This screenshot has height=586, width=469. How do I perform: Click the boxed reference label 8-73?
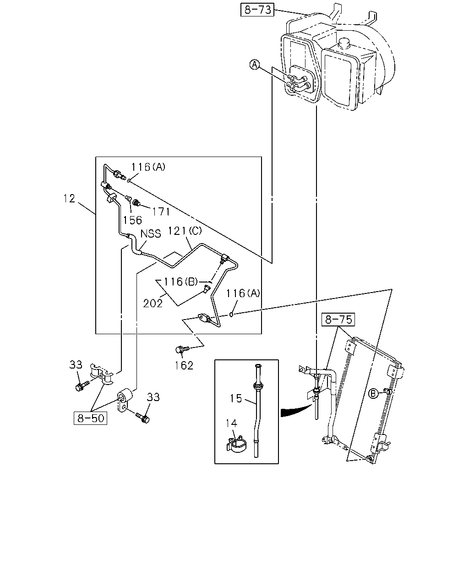pos(257,10)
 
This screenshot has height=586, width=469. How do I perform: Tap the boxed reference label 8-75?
pos(338,320)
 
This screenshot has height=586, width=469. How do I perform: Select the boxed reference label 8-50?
pos(91,418)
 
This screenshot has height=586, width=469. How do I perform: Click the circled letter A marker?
pos(255,65)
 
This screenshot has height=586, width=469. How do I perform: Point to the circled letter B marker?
pos(373,393)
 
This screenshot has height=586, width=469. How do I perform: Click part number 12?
pos(69,199)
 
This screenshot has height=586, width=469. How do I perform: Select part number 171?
pos(161,212)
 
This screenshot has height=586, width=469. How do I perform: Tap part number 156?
pos(132,220)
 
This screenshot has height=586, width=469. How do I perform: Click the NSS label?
pos(151,233)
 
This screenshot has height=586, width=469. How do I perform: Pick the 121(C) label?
pos(185,231)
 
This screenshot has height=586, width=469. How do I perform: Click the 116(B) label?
pos(180,282)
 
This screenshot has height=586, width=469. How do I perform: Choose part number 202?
pos(153,304)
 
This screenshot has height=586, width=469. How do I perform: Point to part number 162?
pos(184,366)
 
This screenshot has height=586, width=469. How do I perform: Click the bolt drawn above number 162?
pos(182,349)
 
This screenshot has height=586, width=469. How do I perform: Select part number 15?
pos(236,398)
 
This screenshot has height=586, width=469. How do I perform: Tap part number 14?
pos(231,423)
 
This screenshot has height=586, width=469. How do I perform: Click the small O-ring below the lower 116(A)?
pos(231,315)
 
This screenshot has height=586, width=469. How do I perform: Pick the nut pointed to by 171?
pos(136,203)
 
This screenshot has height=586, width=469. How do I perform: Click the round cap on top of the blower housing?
pos(344,43)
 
